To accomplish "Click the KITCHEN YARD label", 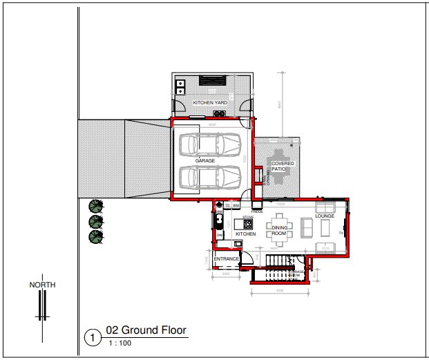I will [x=210, y=103].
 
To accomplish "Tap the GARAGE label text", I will [x=205, y=160].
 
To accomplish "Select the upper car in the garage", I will [x=208, y=144].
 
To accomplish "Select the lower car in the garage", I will [x=208, y=178].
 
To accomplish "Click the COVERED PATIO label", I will [x=283, y=166].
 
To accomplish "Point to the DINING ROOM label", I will [x=279, y=231].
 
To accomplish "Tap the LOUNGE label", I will [x=325, y=216].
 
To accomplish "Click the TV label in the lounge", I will [x=341, y=233].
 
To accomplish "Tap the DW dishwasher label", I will [x=220, y=235].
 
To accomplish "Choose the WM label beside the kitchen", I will [x=236, y=205].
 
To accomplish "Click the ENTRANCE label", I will [x=226, y=259].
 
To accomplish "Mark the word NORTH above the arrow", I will [x=42, y=285].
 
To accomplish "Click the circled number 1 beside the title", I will [x=92, y=338].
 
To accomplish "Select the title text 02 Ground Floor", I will [x=146, y=330].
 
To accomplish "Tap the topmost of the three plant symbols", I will [x=95, y=206].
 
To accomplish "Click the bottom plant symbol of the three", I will [x=95, y=237].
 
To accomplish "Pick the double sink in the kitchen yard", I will [x=180, y=87].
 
